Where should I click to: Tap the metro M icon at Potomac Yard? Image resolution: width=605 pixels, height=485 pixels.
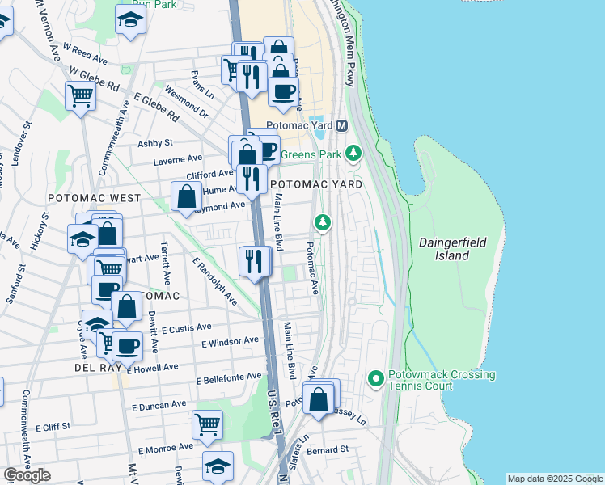[x=342, y=126]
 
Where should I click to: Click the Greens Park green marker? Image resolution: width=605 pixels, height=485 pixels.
[x=353, y=152]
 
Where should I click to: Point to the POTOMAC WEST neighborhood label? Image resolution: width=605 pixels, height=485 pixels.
[x=94, y=198]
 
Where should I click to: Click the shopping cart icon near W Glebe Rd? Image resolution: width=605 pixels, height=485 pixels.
[x=81, y=96]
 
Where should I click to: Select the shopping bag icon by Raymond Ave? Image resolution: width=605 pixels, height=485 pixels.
[x=186, y=196]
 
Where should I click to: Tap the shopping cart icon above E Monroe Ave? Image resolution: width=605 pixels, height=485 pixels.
[x=208, y=423]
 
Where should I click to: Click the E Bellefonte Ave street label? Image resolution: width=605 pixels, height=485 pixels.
[x=230, y=377]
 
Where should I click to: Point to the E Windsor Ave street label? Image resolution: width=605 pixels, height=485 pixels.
[x=231, y=343]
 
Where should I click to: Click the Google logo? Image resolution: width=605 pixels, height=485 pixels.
[x=27, y=475]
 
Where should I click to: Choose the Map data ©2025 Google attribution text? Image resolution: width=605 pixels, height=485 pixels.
[x=554, y=479]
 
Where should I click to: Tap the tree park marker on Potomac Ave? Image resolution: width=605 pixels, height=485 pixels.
[x=323, y=221]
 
